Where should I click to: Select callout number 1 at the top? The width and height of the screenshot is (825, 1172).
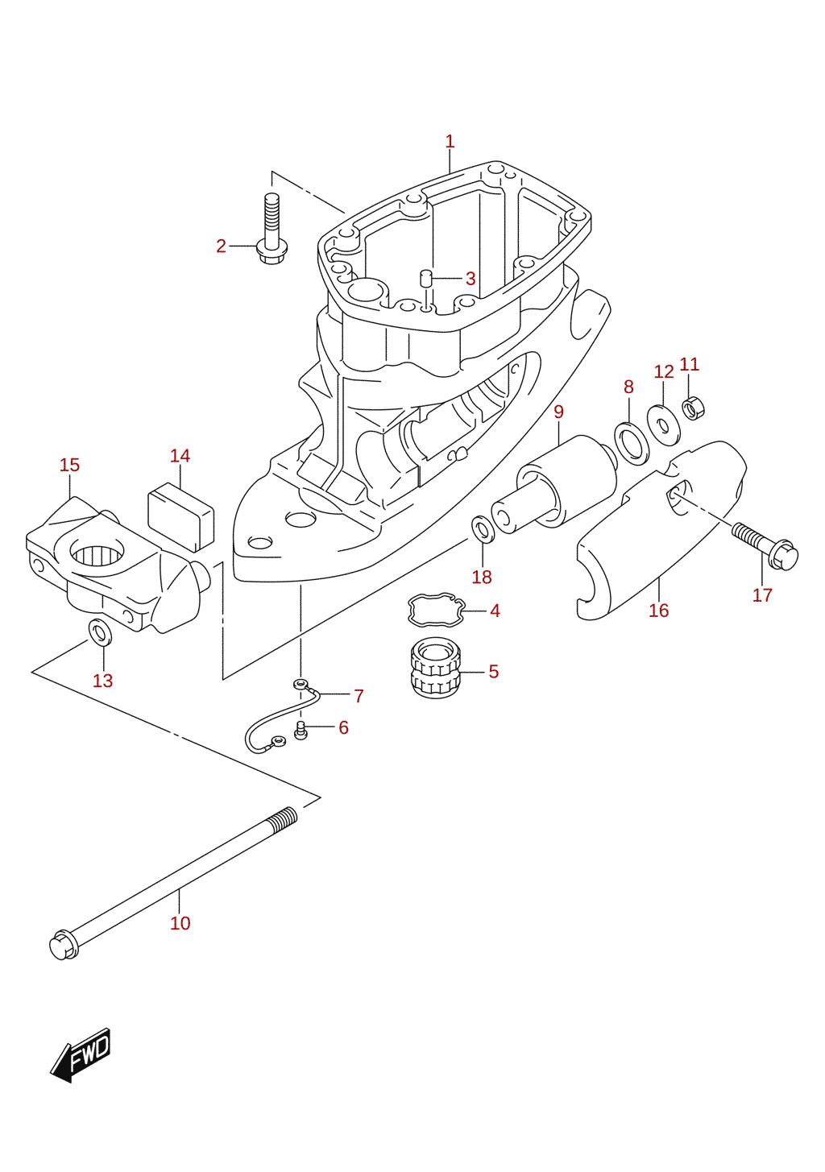(450, 141)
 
